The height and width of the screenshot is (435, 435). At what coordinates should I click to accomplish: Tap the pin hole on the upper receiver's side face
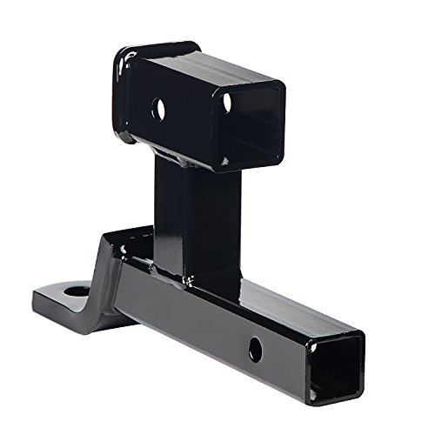pos(159,110)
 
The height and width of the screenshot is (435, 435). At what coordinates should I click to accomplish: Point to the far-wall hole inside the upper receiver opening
pos(227,102)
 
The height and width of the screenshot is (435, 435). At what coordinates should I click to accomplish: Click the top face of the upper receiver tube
pos(209,68)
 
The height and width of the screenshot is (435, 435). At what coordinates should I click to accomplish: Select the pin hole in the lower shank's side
pos(255,351)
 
